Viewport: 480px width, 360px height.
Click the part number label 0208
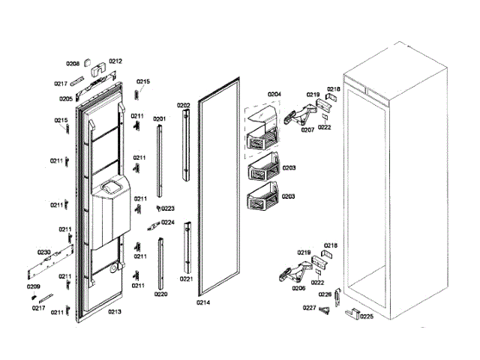coord(73,64)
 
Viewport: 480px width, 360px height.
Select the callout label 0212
coord(115,61)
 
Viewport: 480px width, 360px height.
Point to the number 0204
coord(274,94)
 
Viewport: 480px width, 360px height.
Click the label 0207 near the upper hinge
coord(307,130)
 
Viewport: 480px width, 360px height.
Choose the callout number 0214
coord(203,302)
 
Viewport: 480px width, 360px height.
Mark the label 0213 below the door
coord(114,311)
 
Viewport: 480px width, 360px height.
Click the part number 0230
coord(43,252)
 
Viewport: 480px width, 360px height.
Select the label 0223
coord(168,208)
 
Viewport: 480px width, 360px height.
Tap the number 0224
coord(168,223)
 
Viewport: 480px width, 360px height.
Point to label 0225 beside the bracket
coord(367,316)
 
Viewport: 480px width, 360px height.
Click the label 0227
coord(309,308)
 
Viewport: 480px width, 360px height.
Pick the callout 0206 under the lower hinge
coord(298,288)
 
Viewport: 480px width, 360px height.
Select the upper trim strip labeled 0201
coord(159,158)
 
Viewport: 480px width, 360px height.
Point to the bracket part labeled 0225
coord(351,313)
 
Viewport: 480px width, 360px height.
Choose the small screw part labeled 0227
coord(325,310)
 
